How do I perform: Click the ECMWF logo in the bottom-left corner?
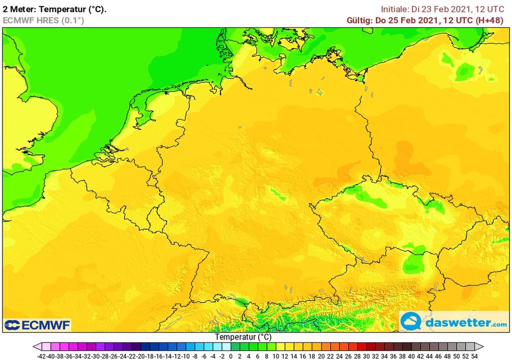coord(37,325)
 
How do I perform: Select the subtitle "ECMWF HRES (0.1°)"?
coord(43,20)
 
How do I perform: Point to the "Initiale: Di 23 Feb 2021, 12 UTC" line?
coord(444,9)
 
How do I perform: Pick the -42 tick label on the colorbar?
coord(42,356)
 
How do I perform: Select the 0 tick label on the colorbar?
coord(230,356)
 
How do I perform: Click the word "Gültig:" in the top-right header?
coord(359,20)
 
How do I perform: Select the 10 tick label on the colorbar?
coord(275,356)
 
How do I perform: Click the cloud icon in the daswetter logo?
coord(411,321)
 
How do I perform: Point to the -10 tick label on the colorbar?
coord(185,356)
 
